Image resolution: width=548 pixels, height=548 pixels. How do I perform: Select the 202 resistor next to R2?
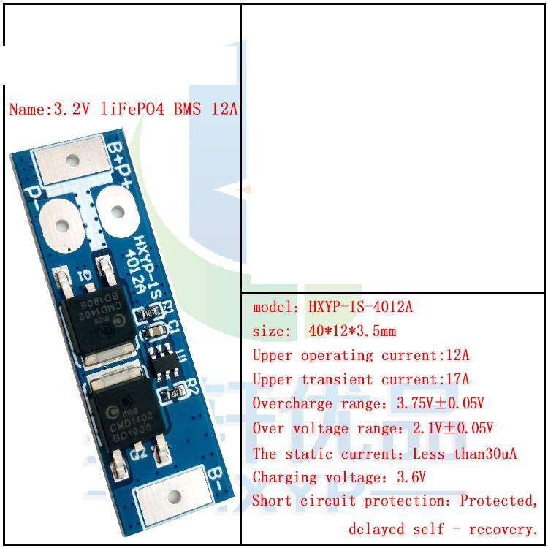[175, 394]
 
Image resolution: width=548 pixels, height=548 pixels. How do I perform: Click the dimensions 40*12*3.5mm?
[352, 332]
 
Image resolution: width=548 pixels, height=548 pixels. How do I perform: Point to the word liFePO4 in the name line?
[134, 110]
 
